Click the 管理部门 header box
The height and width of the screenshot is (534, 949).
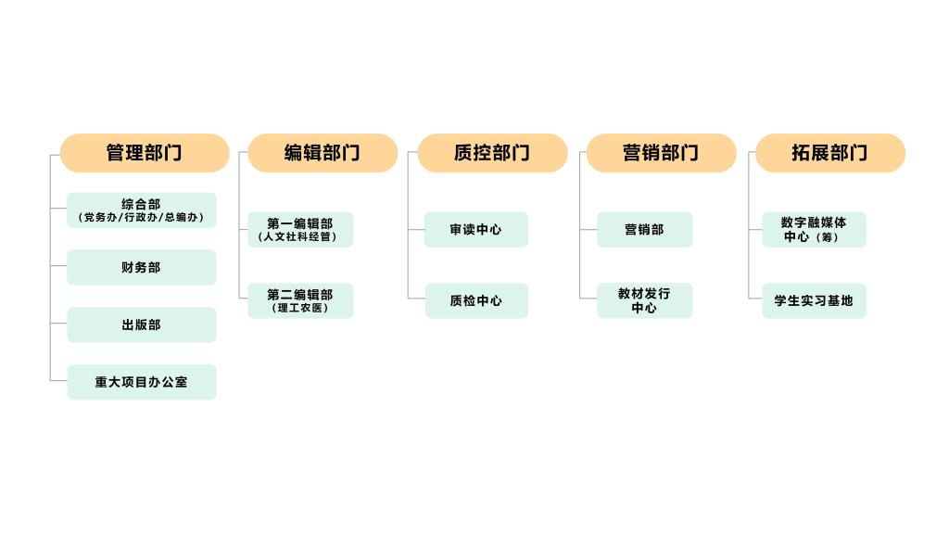tap(145, 153)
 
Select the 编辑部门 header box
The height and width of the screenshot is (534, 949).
tap(323, 153)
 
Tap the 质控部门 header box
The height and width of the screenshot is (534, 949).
tap(493, 153)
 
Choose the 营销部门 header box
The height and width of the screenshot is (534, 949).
tap(662, 153)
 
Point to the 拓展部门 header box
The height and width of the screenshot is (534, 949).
tap(830, 153)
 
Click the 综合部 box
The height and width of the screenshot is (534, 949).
tap(142, 210)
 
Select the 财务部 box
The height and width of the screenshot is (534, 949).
tap(142, 267)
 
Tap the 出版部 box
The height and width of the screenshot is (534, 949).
tap(142, 324)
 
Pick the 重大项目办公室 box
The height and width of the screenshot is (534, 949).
tap(142, 382)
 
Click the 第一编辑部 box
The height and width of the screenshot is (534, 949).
tap(300, 230)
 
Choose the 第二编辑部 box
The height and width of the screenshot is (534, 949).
tap(300, 300)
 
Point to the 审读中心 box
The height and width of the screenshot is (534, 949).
tap(476, 230)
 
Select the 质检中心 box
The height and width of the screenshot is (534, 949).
tap(476, 300)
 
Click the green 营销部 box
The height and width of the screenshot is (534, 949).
tap(645, 230)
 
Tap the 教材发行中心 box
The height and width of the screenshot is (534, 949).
tap(645, 300)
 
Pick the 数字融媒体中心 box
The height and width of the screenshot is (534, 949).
tap(814, 230)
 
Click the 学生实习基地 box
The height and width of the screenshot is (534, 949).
tap(814, 300)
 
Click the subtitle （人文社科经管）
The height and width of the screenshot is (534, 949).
tap(297, 236)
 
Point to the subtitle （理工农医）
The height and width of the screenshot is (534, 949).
tap(300, 308)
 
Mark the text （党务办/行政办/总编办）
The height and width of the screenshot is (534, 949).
tap(141, 217)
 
